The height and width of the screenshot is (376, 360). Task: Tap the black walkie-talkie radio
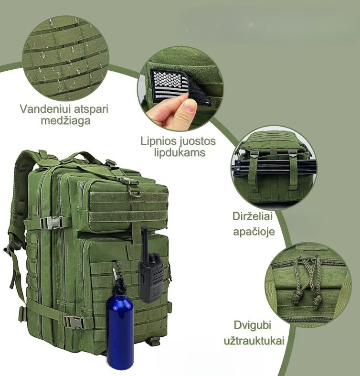point(151,273)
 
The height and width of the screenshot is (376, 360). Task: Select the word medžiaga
point(65,120)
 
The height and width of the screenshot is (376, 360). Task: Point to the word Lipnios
point(159,141)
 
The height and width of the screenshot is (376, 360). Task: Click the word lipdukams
point(180,152)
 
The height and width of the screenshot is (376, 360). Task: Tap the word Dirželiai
point(253,216)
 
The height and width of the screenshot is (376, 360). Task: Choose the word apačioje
point(254,232)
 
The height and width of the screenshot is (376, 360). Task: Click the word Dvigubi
point(253,325)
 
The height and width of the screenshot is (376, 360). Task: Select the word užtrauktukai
point(254,341)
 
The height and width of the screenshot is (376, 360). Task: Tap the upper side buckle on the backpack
point(51,223)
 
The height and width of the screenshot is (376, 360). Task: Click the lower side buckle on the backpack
point(75,322)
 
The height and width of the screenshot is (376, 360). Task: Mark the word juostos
point(198,141)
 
